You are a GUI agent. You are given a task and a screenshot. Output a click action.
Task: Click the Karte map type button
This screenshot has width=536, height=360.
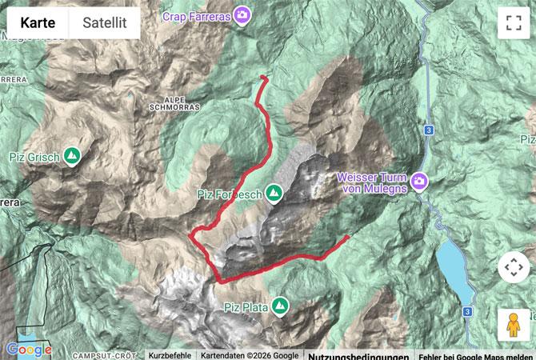coord(38,23)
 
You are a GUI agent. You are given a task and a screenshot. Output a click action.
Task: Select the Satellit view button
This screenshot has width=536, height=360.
coord(104,23)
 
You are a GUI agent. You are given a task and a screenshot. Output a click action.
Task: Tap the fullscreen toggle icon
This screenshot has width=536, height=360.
coord(513,23)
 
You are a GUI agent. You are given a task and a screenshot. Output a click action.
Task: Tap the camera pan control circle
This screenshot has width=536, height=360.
coord(513,267)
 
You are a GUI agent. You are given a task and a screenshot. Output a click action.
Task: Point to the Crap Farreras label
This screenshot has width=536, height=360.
coord(196,15)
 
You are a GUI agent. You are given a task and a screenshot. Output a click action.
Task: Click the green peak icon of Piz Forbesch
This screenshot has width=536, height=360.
coord(274,193)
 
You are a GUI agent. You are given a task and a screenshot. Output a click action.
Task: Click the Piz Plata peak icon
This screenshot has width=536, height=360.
coord(279,305)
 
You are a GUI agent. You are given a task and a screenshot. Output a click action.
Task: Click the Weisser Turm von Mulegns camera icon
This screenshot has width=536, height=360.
coord(418,182)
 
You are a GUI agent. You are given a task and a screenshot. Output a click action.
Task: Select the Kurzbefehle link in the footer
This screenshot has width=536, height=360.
coord(170,355)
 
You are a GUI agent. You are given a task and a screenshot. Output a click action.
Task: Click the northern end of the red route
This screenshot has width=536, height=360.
coord(263,77)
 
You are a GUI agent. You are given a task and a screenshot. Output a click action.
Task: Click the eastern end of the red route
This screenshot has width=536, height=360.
coord(348,237)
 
